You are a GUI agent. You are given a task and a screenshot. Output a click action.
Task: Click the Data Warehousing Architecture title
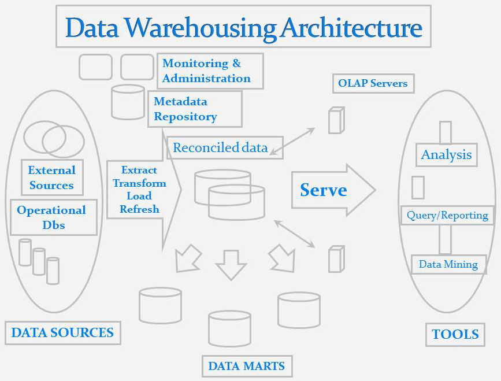click(243, 27)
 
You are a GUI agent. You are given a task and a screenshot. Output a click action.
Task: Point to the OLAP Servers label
click(373, 83)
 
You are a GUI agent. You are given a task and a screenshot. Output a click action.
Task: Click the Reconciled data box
click(220, 147)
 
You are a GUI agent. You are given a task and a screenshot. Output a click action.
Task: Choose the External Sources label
click(51, 177)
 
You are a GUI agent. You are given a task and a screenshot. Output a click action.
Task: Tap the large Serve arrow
click(332, 190)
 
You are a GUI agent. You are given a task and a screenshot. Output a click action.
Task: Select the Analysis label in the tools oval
click(446, 154)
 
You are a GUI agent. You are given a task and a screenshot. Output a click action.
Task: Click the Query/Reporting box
click(447, 215)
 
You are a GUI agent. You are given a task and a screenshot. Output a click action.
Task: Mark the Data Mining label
click(448, 264)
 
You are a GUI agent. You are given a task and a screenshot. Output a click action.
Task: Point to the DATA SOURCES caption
click(62, 332)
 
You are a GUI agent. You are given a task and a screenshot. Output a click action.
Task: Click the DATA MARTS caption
click(247, 366)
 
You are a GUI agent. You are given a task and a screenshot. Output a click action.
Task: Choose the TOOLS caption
click(455, 334)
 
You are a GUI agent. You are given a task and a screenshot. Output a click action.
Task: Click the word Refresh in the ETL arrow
click(139, 209)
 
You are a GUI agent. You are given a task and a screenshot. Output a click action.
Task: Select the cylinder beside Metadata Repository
click(128, 102)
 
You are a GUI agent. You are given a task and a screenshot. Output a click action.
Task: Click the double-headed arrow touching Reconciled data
click(292, 142)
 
